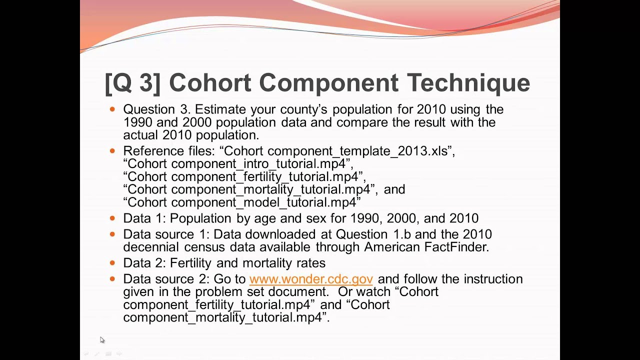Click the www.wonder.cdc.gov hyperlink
[x=310, y=279]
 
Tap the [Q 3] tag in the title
[x=132, y=83]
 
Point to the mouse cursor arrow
[x=102, y=340]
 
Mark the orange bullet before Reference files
[x=112, y=150]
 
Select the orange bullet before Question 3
[x=112, y=108]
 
